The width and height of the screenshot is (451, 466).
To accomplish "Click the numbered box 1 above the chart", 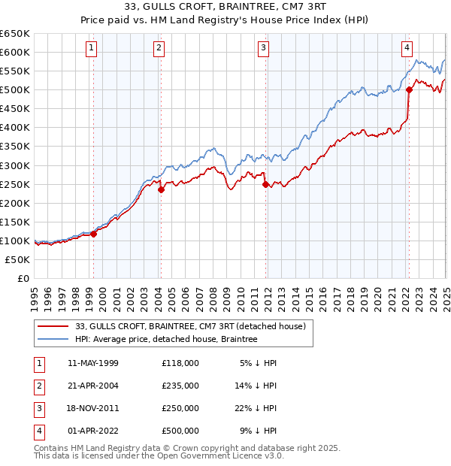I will coord(91,48).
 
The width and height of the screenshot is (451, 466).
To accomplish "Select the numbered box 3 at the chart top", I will coord(265,48).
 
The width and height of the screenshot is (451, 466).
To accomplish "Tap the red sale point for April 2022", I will coord(410,89).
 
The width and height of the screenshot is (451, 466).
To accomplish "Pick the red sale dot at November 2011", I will coord(265,184).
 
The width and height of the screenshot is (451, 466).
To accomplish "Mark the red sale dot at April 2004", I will coord(161,189).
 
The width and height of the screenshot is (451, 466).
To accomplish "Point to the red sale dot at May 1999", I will coord(94,234).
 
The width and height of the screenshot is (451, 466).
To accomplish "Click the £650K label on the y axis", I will coord(15,34).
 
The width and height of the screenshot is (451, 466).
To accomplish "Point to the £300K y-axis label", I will coord(15,165).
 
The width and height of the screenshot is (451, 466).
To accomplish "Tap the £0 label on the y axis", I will coord(23,278).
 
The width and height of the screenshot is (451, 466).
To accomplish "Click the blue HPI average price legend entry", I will coord(166,340).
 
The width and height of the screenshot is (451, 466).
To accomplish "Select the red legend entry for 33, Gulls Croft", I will coord(190,327).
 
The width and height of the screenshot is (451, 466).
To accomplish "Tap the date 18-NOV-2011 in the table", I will coord(93,408).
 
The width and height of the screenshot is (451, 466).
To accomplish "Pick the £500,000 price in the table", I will coord(180,431).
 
